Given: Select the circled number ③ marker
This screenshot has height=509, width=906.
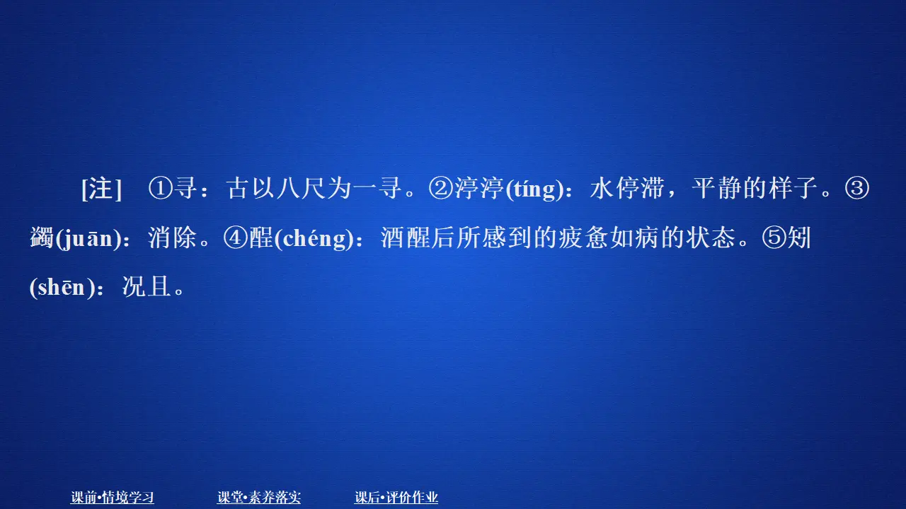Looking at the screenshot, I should pos(857,189).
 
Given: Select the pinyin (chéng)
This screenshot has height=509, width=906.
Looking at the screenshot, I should pos(314,239).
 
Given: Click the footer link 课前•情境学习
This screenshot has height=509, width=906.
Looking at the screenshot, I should pos(113,498).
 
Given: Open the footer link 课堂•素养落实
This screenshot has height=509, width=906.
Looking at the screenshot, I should pos(259,498).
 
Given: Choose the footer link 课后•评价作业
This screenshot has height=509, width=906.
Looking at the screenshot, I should pos(396,498).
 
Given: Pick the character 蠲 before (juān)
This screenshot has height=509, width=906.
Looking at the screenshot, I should pos(42,239).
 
